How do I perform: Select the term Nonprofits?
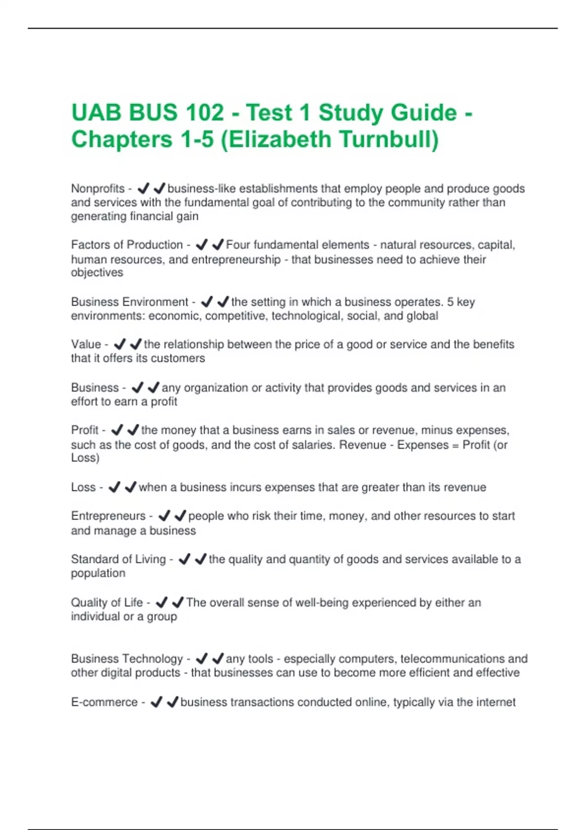pyautogui.click(x=98, y=188)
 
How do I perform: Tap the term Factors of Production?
pyautogui.click(x=127, y=245)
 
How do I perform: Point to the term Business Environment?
pyautogui.click(x=129, y=302)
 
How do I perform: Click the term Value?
pyautogui.click(x=86, y=344)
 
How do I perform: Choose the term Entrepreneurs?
pyautogui.click(x=108, y=516)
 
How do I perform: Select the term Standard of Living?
pyautogui.click(x=118, y=559)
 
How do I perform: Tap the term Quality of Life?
pyautogui.click(x=107, y=602)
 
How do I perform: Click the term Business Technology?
pyautogui.click(x=127, y=659)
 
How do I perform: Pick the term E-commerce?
pyautogui.click(x=105, y=702)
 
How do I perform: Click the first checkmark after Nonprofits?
pyautogui.click(x=143, y=188)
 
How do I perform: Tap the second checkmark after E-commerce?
pyautogui.click(x=172, y=702)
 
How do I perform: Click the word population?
pyautogui.click(x=98, y=573)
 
